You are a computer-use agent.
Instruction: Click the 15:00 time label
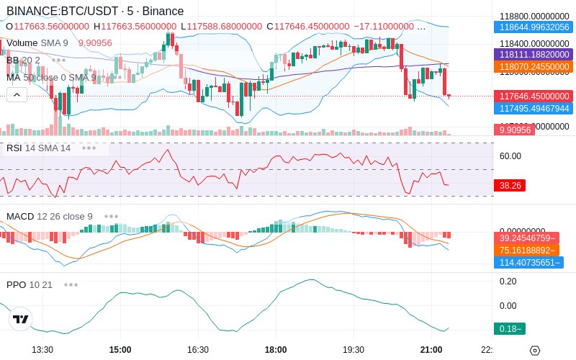(x=120, y=349)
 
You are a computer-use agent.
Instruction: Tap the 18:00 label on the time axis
(x=276, y=349)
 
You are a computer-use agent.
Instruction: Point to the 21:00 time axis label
(x=431, y=349)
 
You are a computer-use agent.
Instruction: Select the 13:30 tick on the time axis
(x=42, y=349)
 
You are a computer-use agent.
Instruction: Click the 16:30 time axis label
(x=198, y=349)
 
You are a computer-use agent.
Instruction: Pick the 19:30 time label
(x=354, y=349)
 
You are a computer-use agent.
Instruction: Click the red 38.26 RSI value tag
(x=510, y=185)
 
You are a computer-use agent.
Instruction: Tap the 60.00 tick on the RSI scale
(x=510, y=156)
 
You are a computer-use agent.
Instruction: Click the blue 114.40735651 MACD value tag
(x=528, y=263)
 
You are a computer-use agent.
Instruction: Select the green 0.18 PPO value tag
(x=509, y=329)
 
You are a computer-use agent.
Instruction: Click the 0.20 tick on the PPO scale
(x=508, y=282)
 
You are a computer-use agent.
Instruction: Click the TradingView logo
(x=21, y=319)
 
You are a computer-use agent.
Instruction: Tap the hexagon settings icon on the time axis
(x=534, y=350)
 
